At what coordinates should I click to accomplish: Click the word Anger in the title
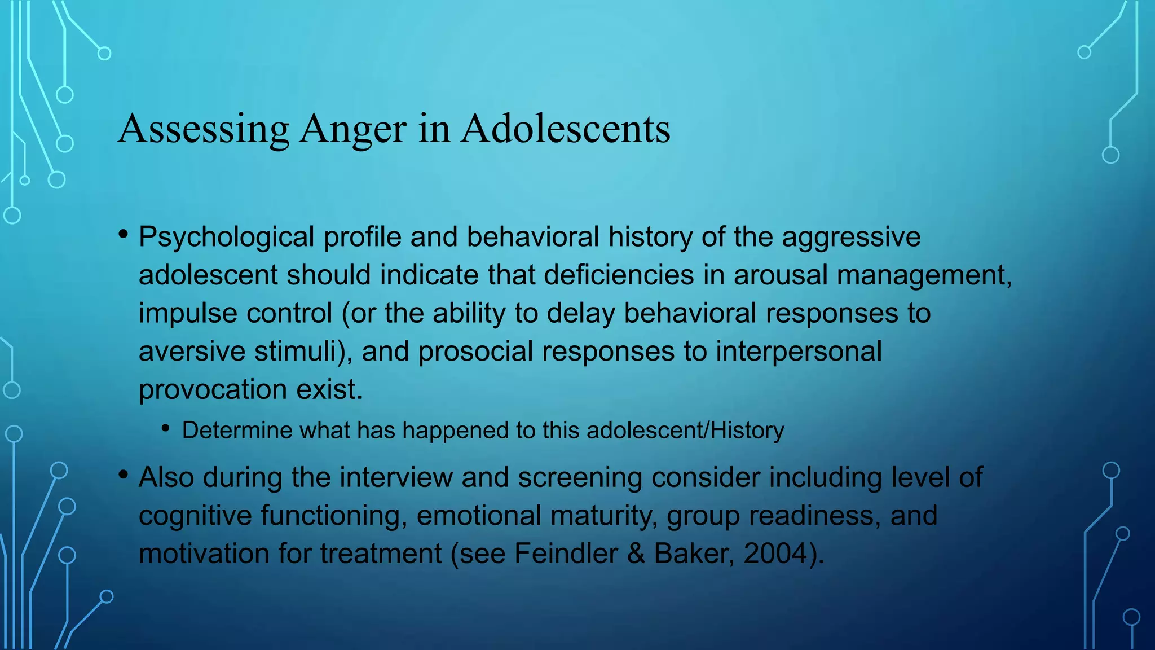pos(352,129)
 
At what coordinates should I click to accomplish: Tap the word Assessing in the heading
pos(204,129)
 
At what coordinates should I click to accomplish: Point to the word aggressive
pos(851,237)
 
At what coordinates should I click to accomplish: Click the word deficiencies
pos(619,275)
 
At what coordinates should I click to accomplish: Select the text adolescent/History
pos(685,431)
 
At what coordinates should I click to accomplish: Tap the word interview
pos(396,477)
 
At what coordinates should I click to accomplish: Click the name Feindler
pos(566,554)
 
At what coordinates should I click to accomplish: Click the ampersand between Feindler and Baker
pos(636,554)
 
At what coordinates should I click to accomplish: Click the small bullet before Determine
pos(165,429)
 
